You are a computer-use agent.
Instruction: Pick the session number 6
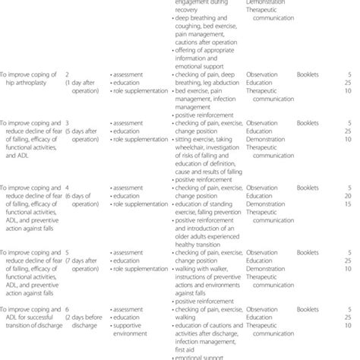[x=68, y=310]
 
